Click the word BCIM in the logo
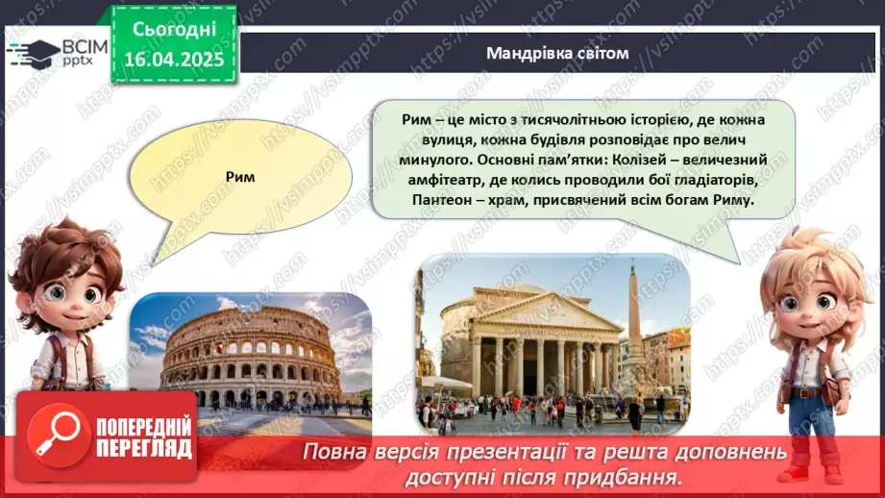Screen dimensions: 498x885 [83, 45]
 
